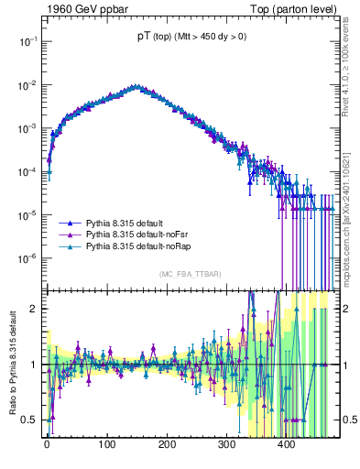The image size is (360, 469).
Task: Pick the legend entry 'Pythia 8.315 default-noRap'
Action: [142, 247]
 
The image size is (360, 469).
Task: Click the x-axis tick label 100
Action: [106, 446]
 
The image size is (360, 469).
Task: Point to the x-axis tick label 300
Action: [226, 446]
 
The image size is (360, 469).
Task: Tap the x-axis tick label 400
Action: [286, 446]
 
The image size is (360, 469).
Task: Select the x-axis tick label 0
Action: [47, 446]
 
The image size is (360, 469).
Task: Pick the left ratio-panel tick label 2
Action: [33, 309]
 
